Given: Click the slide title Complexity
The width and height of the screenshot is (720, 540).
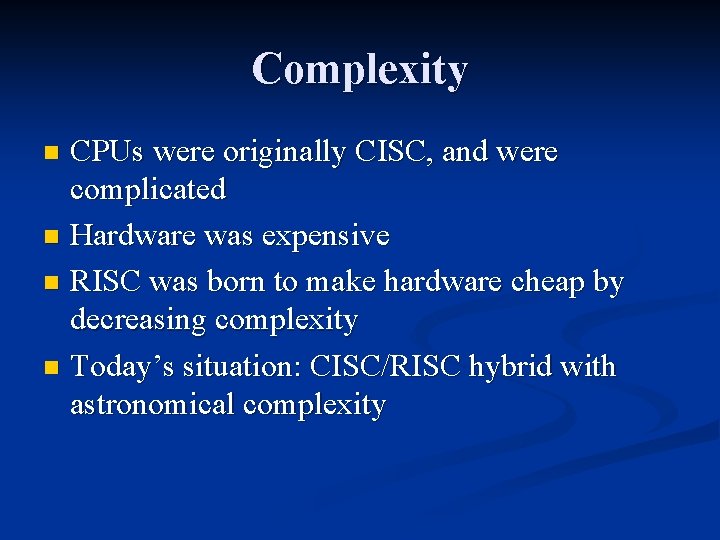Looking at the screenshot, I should tap(360, 70).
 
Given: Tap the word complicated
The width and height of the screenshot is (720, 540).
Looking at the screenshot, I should tap(148, 189).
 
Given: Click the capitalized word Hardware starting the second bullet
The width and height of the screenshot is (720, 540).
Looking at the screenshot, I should tap(133, 236).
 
